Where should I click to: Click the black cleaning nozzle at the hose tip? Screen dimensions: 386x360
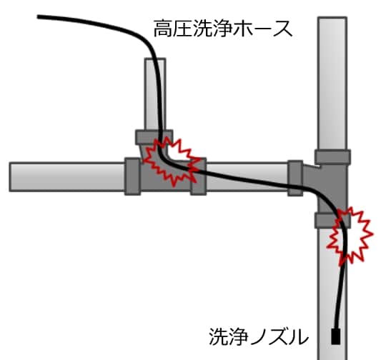coord(336,336)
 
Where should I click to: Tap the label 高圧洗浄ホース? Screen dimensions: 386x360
coord(223,29)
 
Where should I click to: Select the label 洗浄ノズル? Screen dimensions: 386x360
coord(259,336)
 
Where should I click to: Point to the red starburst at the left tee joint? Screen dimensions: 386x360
coord(172,161)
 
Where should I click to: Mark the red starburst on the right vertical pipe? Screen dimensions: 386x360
coord(350,236)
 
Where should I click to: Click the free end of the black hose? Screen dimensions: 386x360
coord(38,16)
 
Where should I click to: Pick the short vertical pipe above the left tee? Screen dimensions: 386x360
coord(155,94)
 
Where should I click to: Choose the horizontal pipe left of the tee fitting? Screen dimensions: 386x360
coord(67,176)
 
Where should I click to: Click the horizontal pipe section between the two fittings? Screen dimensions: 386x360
coord(247,176)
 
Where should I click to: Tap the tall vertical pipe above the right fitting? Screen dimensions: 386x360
coord(332,83)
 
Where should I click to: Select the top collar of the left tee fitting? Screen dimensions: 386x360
coord(154,137)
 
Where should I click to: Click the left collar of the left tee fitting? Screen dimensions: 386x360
coord(133,176)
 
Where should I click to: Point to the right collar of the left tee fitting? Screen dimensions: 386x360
coord(199,176)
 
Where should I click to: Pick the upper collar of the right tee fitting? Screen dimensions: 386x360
coord(332,156)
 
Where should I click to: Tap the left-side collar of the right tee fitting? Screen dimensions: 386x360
coord(295,178)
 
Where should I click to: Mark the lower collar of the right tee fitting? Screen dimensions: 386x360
coord(332,220)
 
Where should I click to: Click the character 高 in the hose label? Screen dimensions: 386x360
coord(163,29)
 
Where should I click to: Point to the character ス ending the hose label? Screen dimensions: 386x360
coord(283,29)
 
